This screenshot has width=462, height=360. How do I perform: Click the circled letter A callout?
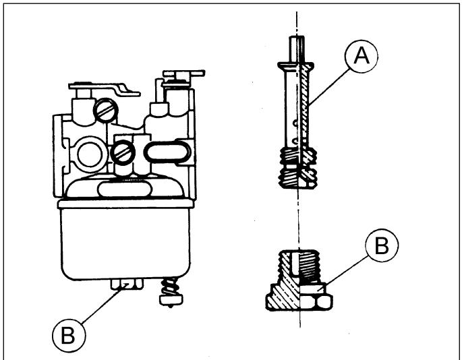362,56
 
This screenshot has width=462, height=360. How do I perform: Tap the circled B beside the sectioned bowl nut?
382,245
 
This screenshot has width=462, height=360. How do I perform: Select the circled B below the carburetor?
69,336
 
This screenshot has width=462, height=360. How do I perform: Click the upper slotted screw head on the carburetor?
105,110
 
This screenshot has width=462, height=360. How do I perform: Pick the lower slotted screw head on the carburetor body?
123,152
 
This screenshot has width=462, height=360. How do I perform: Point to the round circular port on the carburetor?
90,154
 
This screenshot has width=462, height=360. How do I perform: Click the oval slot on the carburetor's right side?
167,152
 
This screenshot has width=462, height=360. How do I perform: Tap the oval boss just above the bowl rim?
125,189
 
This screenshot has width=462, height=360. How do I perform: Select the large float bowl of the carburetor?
125,240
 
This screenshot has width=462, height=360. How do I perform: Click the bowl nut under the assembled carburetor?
127,284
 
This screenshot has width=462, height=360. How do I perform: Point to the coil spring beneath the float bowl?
170,287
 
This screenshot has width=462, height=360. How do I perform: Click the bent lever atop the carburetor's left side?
104,89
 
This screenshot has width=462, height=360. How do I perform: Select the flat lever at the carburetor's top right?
183,73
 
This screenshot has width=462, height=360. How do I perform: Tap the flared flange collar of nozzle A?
296,67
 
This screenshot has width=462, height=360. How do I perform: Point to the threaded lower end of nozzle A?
298,167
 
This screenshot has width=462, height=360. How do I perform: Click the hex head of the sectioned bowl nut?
299,297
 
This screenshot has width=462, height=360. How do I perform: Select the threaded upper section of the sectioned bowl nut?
299,266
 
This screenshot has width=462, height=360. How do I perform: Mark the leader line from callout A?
330,86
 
